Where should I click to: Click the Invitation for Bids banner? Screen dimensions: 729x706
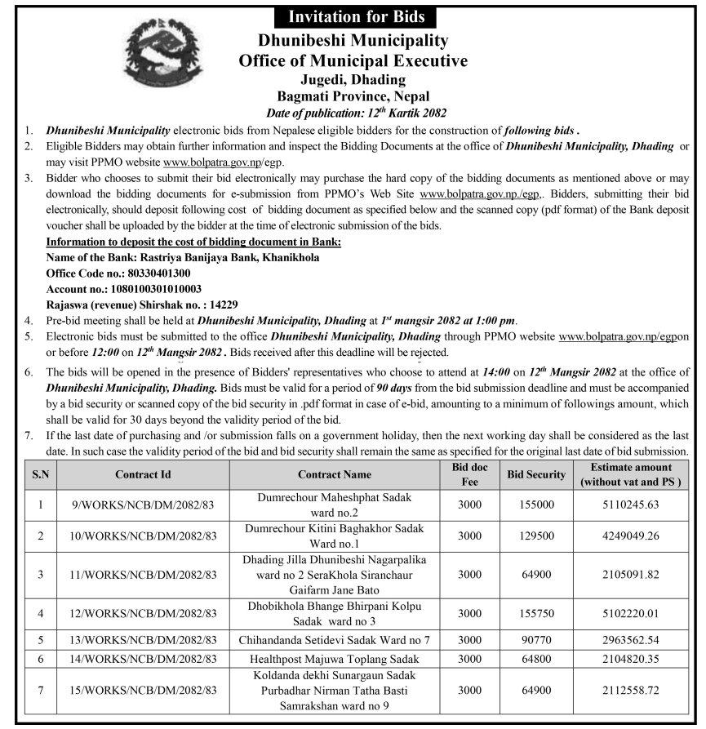[352, 16]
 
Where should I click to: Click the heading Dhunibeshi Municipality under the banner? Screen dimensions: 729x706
[352, 40]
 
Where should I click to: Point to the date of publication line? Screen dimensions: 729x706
[352, 112]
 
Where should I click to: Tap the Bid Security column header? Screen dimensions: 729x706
[536, 473]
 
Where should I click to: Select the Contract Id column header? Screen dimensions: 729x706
[143, 473]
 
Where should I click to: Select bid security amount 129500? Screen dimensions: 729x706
[536, 536]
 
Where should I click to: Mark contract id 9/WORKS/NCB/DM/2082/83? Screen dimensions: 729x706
[143, 505]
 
